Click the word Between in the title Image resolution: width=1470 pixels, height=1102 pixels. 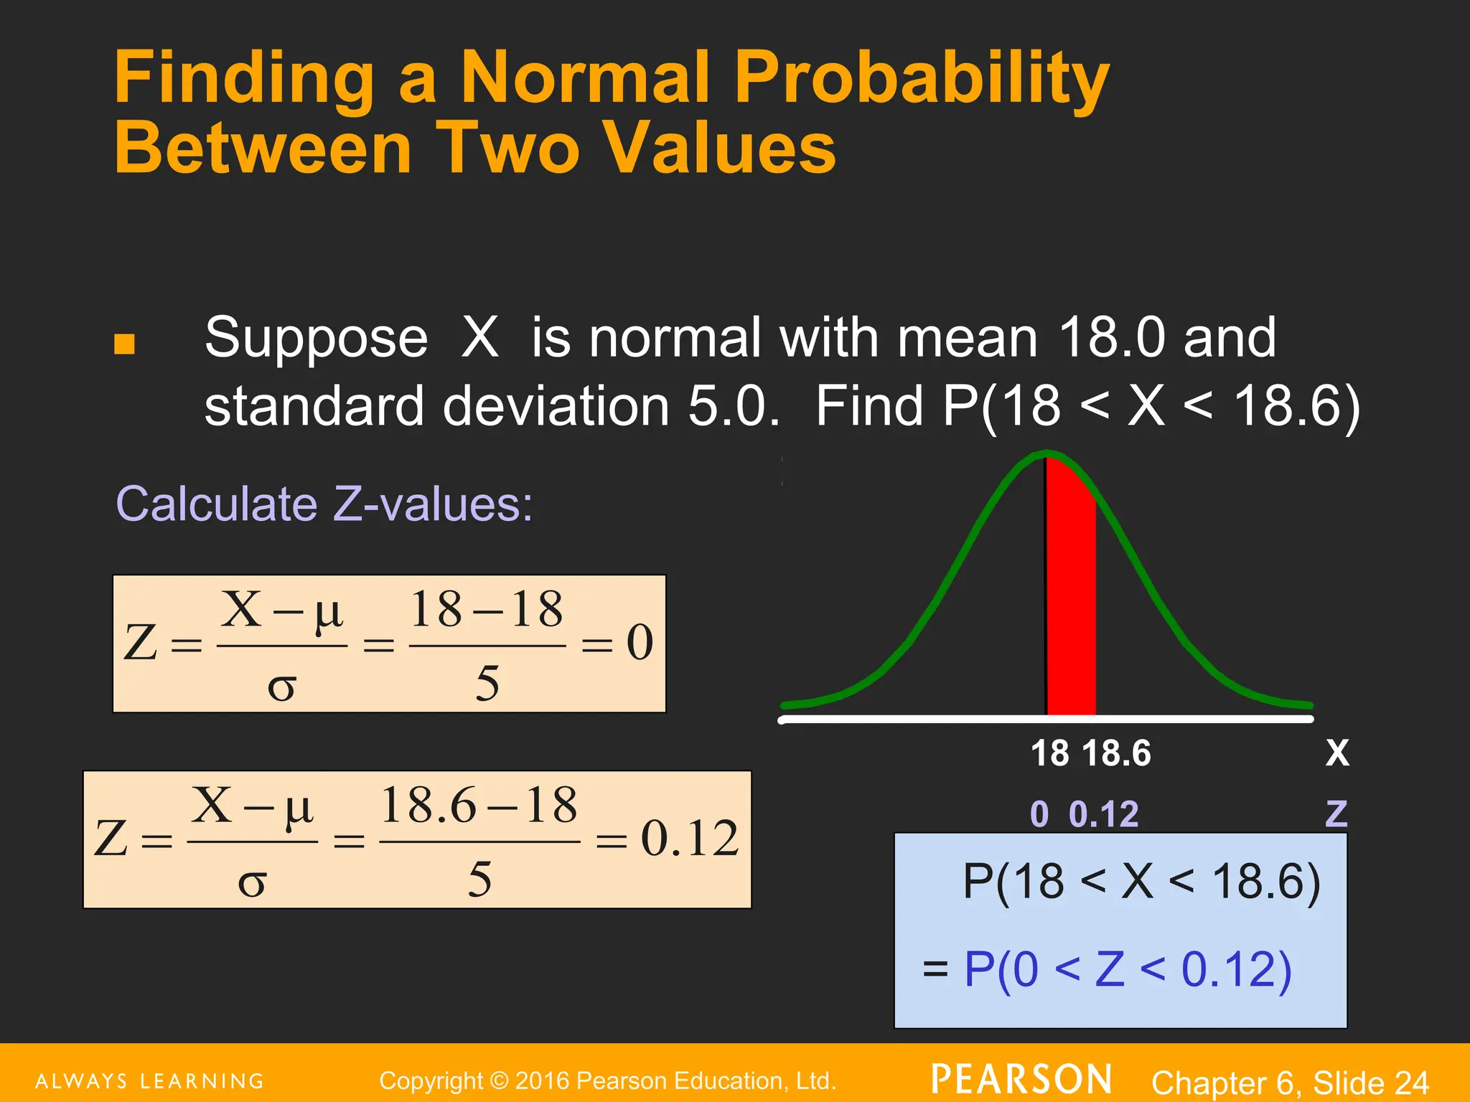(x=263, y=149)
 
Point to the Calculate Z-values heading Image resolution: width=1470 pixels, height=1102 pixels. (x=324, y=504)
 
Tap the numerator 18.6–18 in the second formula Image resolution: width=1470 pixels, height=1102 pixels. (x=479, y=805)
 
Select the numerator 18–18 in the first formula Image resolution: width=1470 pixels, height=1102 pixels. (x=487, y=610)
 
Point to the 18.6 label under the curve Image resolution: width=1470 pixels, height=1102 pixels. (x=1116, y=754)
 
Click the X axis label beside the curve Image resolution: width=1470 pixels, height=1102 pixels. (x=1337, y=753)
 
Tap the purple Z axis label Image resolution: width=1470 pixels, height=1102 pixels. (x=1336, y=814)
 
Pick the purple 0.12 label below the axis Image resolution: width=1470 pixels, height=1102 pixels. (x=1103, y=814)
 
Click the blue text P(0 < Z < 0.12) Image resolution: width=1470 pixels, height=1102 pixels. (x=1128, y=969)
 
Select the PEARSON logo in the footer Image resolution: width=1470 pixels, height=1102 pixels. (x=1021, y=1080)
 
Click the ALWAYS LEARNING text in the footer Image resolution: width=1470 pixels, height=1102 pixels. (x=150, y=1081)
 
